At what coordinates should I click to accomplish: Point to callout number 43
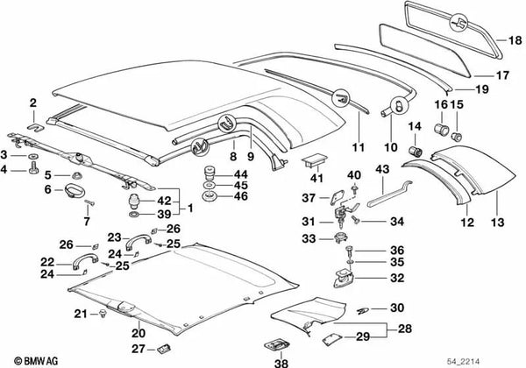pyautogui.click(x=383, y=168)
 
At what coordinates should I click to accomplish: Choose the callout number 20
pyautogui.click(x=138, y=333)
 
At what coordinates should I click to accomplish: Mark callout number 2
pyautogui.click(x=32, y=103)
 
